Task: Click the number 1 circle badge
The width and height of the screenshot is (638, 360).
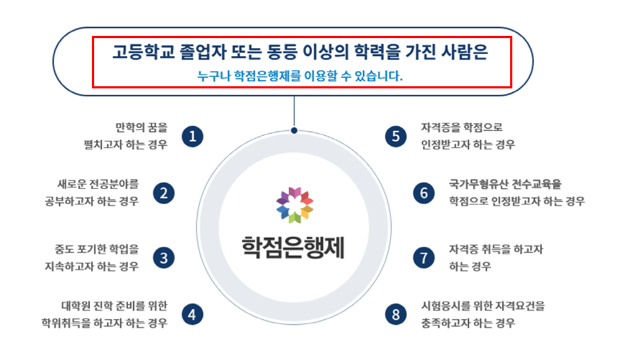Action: tap(192, 136)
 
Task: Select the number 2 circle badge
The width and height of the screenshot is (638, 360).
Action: tap(164, 193)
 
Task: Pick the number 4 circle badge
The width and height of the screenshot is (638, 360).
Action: tap(192, 314)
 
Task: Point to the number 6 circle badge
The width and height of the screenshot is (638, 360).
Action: tap(424, 193)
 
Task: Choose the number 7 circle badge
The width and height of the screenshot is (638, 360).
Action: tap(424, 257)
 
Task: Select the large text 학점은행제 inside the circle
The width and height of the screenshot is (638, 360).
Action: tap(294, 246)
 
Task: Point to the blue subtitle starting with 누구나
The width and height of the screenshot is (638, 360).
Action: tap(300, 75)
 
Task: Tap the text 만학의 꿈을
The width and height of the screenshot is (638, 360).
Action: tap(141, 128)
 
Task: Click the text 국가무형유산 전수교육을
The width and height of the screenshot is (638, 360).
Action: tap(505, 185)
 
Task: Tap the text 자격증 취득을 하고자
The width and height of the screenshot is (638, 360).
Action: tap(496, 249)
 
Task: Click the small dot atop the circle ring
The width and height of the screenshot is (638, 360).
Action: tap(294, 130)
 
